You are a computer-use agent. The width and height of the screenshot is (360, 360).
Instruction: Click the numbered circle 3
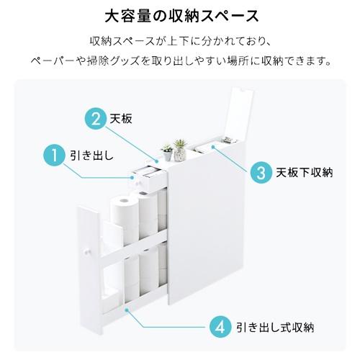[x=258, y=172]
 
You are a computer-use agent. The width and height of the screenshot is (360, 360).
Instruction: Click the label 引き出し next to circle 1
[x=89, y=154]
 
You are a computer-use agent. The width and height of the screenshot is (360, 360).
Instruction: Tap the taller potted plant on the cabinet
[x=181, y=145]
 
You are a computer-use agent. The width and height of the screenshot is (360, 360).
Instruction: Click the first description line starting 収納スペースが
[x=179, y=39]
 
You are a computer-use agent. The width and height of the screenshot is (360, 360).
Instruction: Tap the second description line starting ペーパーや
[x=179, y=61]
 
